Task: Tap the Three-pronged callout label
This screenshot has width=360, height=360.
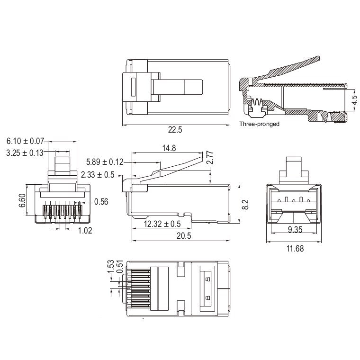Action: pyautogui.click(x=259, y=124)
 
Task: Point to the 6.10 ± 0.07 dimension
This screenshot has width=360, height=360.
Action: pyautogui.click(x=25, y=141)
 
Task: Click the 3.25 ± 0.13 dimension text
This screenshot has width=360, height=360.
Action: pyautogui.click(x=25, y=152)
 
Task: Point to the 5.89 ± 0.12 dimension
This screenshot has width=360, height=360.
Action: pyautogui.click(x=105, y=162)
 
